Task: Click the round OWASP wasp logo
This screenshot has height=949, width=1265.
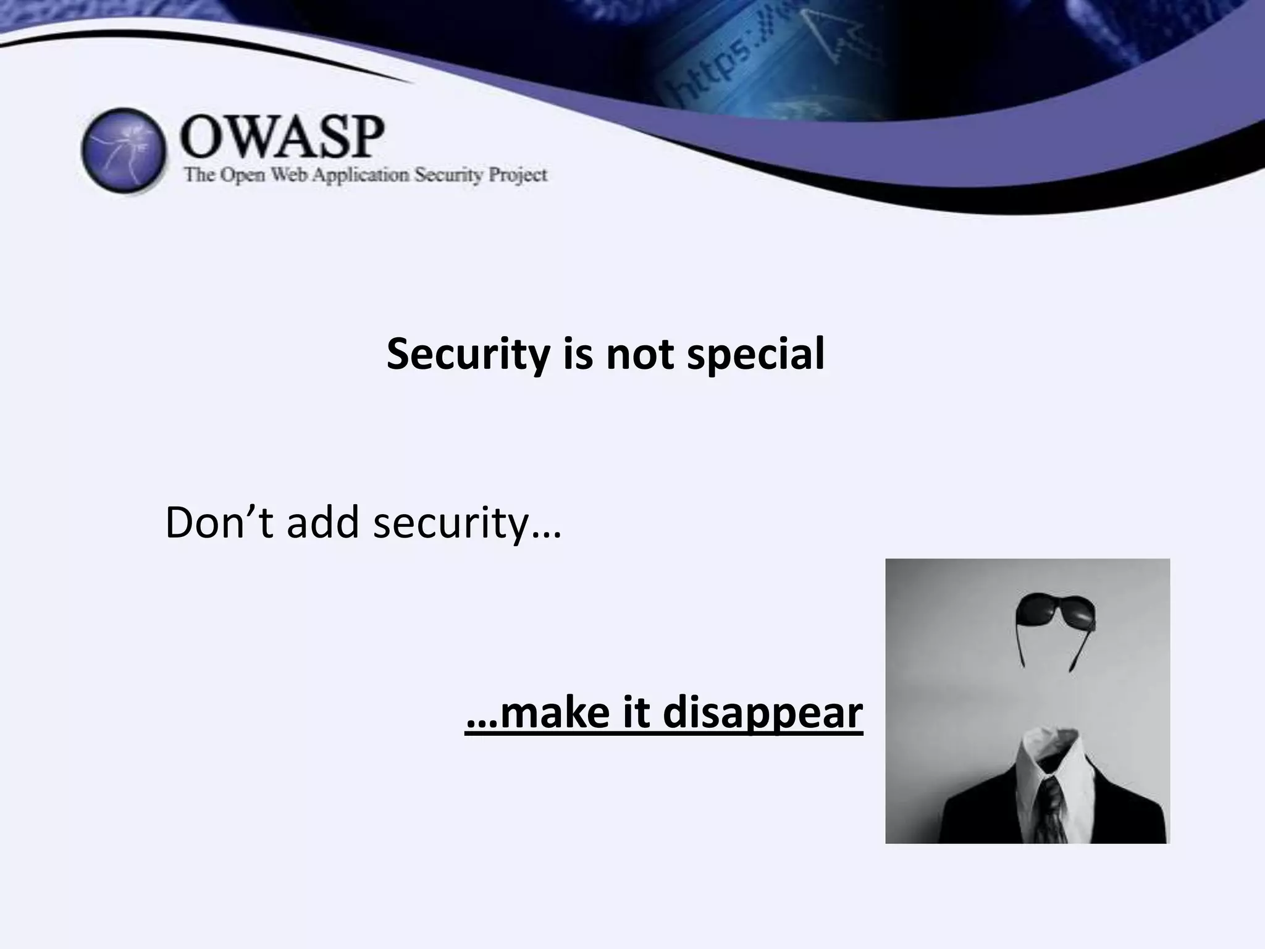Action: tap(124, 150)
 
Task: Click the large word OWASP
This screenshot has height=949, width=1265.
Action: tap(282, 137)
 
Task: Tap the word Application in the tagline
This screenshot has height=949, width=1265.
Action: tap(360, 175)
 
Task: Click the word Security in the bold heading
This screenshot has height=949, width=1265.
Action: tap(468, 355)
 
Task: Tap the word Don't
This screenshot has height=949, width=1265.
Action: tap(219, 523)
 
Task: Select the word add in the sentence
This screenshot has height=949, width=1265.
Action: tap(322, 523)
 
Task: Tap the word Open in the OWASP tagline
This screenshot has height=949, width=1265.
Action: tap(244, 175)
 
